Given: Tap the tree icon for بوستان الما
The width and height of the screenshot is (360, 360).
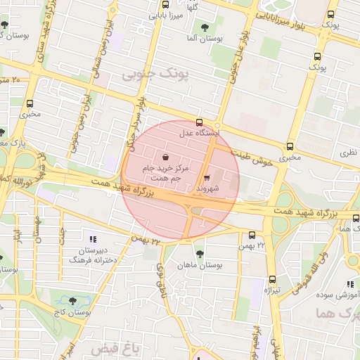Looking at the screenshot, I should pos(205,28).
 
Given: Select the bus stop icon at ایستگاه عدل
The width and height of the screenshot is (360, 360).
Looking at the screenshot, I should pos(200,122).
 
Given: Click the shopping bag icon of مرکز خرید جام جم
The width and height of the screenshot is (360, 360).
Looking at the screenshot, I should pos(165,157).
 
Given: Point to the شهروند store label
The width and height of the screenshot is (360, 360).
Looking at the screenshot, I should pos(209,189).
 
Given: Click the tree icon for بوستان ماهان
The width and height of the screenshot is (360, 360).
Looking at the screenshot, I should pos(200,254).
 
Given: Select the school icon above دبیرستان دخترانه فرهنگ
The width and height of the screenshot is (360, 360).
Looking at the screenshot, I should pos(91,239).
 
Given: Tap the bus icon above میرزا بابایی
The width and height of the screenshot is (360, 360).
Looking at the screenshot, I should pos(165,5).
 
